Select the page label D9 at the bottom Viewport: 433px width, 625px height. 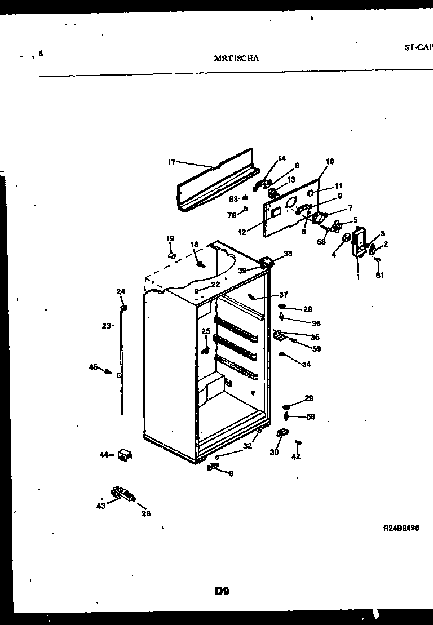tap(222, 591)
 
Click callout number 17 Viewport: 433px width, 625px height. tap(171, 162)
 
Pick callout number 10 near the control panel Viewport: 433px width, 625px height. tap(330, 162)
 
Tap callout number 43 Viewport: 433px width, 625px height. tap(101, 505)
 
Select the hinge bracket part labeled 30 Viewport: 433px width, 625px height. tap(282, 433)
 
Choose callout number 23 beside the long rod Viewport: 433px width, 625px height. tap(107, 325)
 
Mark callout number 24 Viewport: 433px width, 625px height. tap(121, 291)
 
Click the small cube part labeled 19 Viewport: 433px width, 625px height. tap(172, 255)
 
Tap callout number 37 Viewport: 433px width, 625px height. tap(283, 295)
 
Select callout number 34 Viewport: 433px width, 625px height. tap(306, 365)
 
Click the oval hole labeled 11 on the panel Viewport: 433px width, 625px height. tap(310, 192)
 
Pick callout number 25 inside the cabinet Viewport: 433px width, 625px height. tap(206, 331)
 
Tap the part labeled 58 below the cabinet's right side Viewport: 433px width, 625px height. tap(286, 416)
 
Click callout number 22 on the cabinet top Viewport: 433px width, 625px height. tap(215, 285)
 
